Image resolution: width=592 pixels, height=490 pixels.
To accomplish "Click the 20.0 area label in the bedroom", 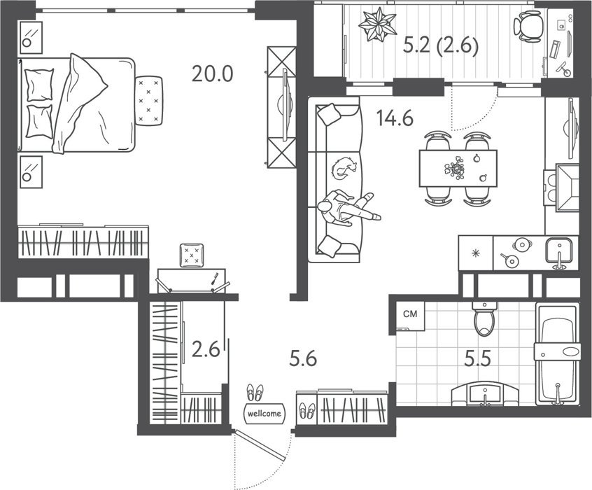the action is (x=212, y=73).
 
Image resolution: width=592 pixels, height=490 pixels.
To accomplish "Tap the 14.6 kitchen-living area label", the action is (x=395, y=118).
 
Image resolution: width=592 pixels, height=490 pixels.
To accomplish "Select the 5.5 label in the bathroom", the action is (x=478, y=358).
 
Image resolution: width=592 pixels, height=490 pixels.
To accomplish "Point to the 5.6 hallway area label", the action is (x=303, y=358).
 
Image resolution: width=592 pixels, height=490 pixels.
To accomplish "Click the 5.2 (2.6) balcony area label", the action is (x=441, y=47).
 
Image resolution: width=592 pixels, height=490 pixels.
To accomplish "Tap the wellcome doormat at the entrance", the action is (x=265, y=414).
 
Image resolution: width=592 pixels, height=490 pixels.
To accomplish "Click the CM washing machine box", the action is (x=410, y=314).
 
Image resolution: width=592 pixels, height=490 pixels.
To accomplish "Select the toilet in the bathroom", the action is (x=484, y=319).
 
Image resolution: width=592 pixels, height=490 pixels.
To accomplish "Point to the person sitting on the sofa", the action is (x=348, y=208).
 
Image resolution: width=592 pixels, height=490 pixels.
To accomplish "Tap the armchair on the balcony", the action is (x=528, y=26).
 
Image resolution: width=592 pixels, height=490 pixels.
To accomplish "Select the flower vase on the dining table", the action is (x=455, y=168).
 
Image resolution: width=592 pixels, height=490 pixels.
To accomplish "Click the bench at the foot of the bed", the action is (x=149, y=101).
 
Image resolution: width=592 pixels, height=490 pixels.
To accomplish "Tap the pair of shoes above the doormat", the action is (x=255, y=393).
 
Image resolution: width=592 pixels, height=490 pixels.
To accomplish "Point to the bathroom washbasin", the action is (x=485, y=393).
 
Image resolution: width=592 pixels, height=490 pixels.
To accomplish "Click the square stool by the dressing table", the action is (x=192, y=255).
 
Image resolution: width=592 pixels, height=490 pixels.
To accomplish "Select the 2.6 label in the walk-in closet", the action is (x=206, y=349).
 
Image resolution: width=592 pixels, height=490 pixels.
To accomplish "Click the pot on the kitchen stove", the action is (x=522, y=245).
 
